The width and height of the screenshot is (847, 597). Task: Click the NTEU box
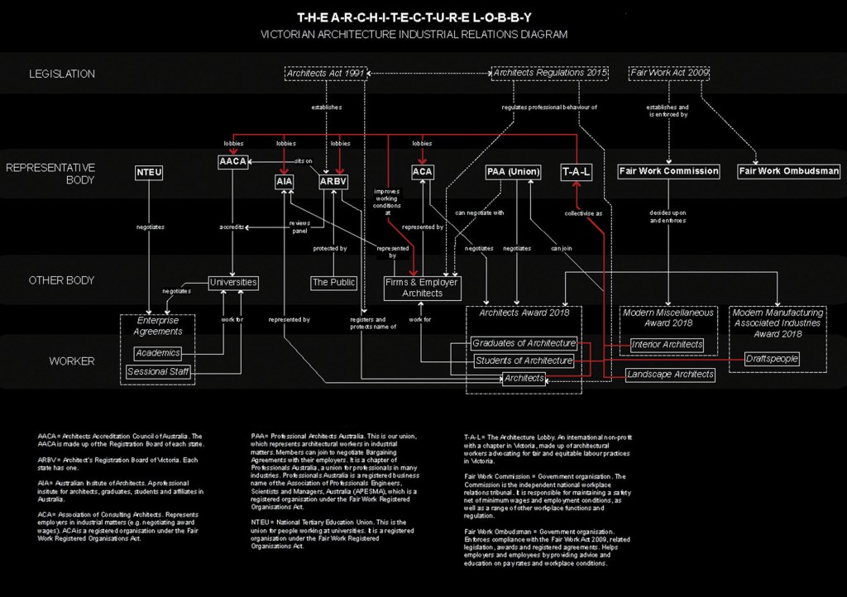point(150,173)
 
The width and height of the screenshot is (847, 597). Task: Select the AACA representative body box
point(233,161)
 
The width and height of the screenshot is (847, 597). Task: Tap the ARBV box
point(333,181)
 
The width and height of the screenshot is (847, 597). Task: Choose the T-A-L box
point(577,172)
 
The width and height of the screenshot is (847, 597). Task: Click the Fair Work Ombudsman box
point(789,171)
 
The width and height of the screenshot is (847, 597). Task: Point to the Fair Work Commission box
point(668,171)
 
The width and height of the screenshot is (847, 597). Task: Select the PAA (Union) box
point(513,172)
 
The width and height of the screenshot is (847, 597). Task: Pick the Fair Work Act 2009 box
point(669,73)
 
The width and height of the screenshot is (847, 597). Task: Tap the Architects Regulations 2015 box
point(550,73)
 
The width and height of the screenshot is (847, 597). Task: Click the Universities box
point(233,282)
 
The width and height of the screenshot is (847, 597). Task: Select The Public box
point(333,283)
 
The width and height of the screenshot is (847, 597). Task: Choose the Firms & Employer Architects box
point(422,288)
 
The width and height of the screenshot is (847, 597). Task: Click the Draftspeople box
point(772,359)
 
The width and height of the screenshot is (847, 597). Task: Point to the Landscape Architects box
point(670,375)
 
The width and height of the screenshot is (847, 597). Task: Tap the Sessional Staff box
point(159,372)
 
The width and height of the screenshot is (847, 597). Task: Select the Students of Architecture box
point(524,361)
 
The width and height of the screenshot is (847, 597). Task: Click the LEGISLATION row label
point(62,74)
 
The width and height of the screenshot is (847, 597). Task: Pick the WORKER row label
point(72,361)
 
